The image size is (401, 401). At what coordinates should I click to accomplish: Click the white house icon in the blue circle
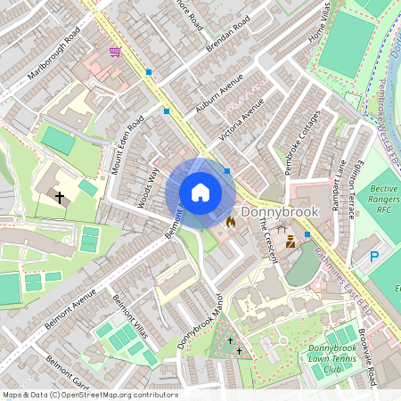pyautogui.click(x=200, y=192)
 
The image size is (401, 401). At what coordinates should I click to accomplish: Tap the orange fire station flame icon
pyautogui.click(x=230, y=222)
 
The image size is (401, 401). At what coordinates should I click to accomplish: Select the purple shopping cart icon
pyautogui.click(x=115, y=52)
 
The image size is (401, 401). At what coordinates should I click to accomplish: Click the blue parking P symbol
pyautogui.click(x=374, y=257)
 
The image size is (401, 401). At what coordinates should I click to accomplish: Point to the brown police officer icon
pyautogui.click(x=291, y=241)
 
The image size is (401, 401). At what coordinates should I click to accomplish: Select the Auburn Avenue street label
pyautogui.click(x=219, y=94)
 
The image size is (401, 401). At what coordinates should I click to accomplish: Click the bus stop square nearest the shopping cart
pyautogui.click(x=149, y=71)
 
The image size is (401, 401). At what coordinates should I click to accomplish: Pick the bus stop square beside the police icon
pyautogui.click(x=307, y=234)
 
